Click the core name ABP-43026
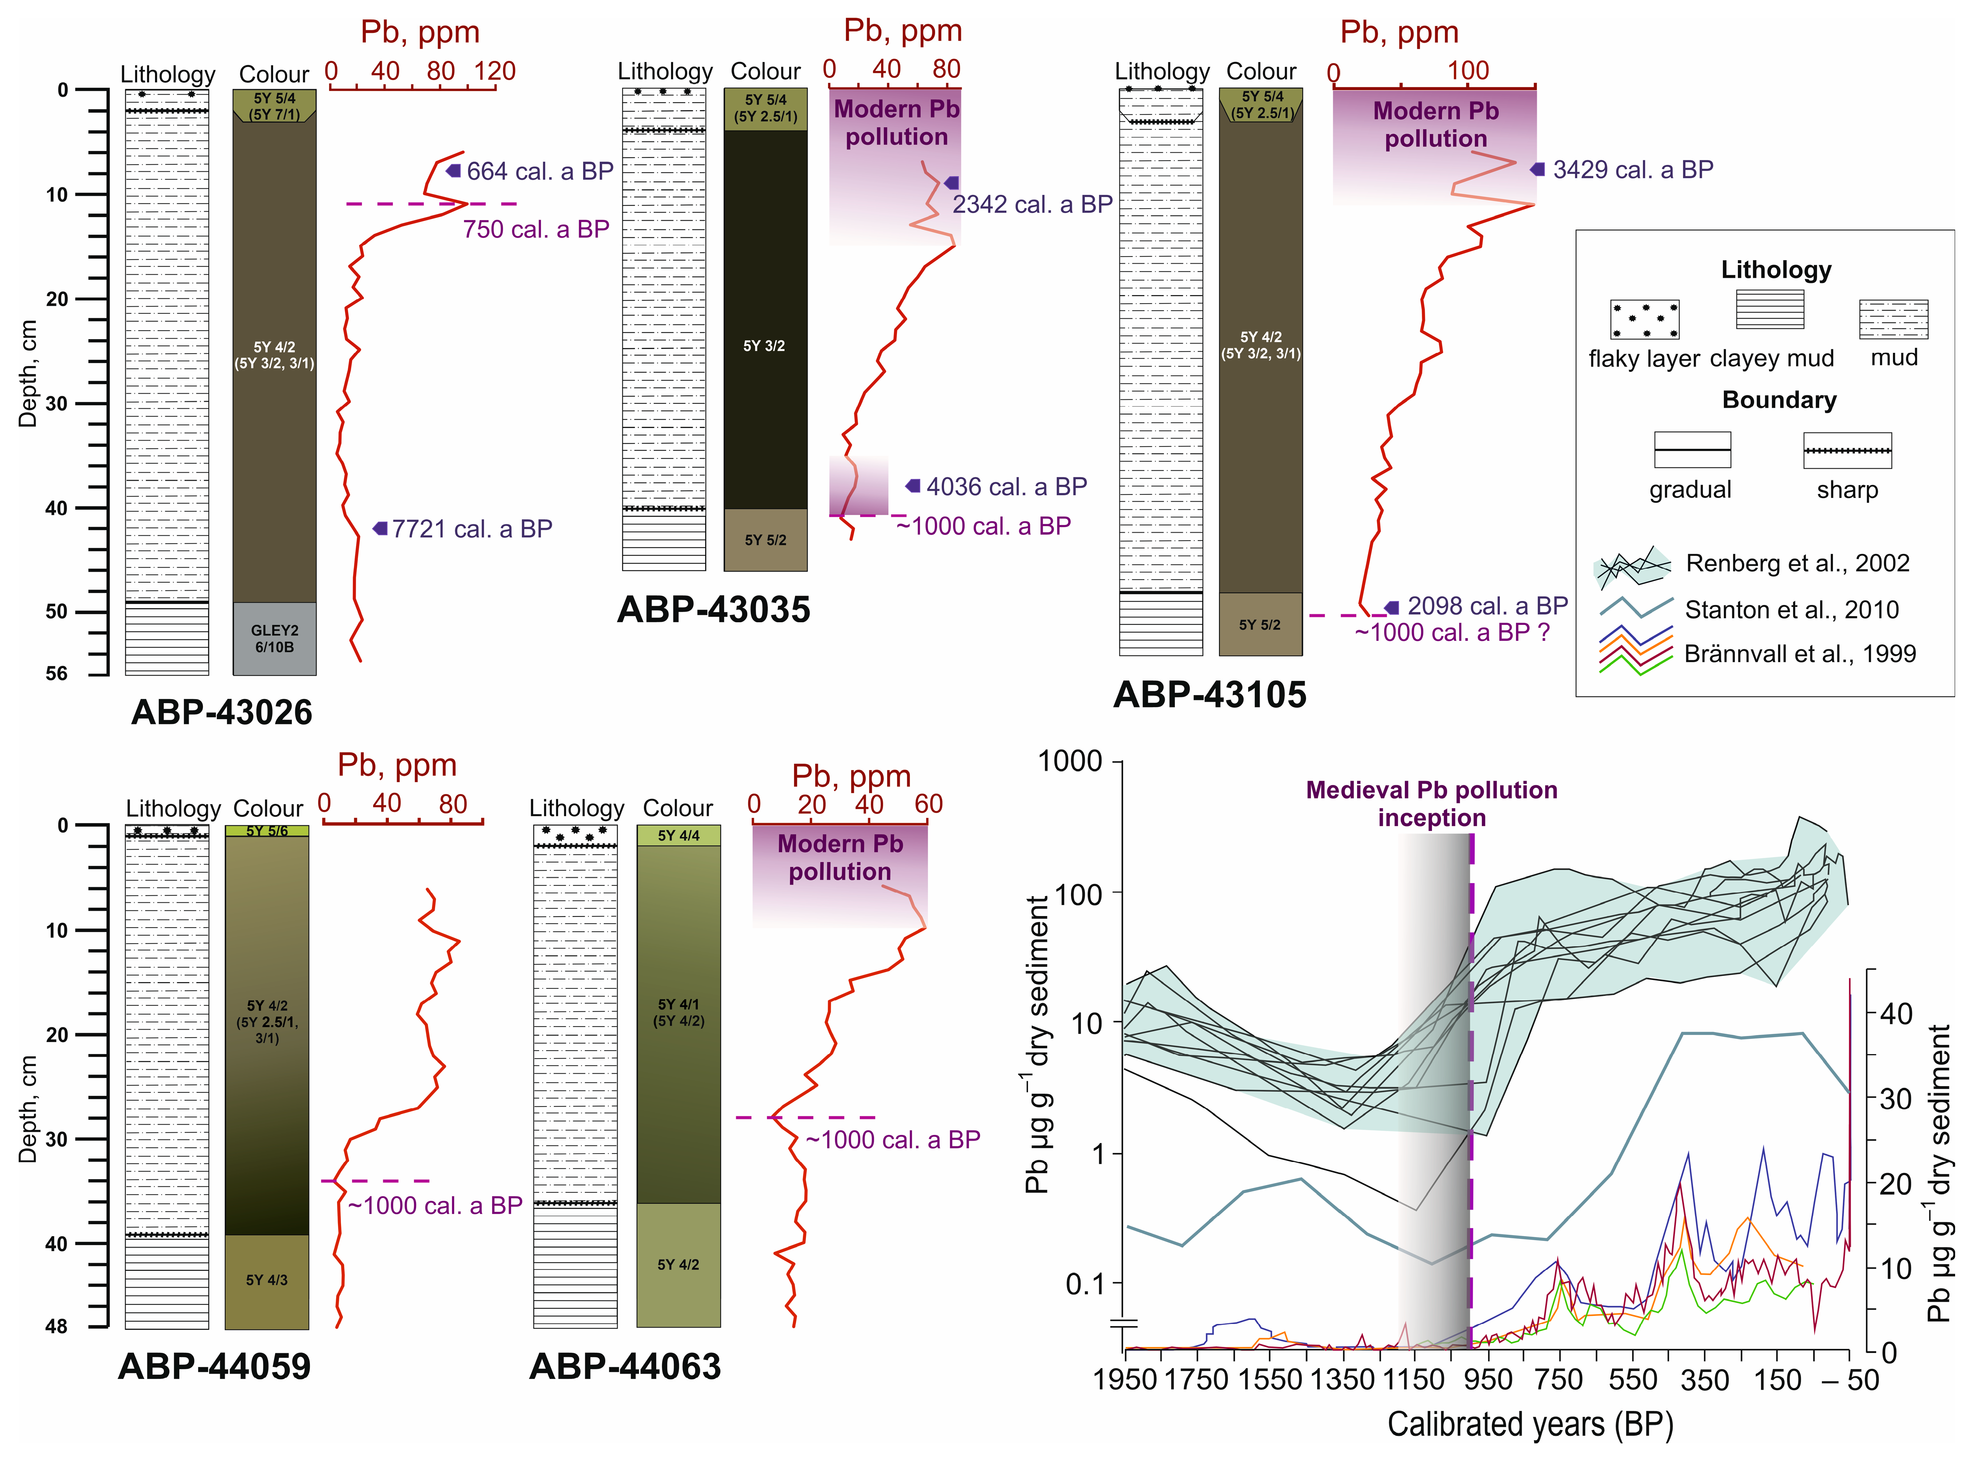(x=221, y=712)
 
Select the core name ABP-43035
(x=714, y=610)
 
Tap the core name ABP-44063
(x=625, y=1367)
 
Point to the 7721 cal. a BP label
(x=472, y=529)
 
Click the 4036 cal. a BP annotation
(x=1007, y=487)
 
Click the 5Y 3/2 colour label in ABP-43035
(x=764, y=346)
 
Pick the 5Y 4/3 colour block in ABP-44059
(x=266, y=1280)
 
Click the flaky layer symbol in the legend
(x=1644, y=320)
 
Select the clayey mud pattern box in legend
(x=1770, y=310)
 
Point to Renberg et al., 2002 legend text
(x=1797, y=564)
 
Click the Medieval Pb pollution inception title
(x=1432, y=804)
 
